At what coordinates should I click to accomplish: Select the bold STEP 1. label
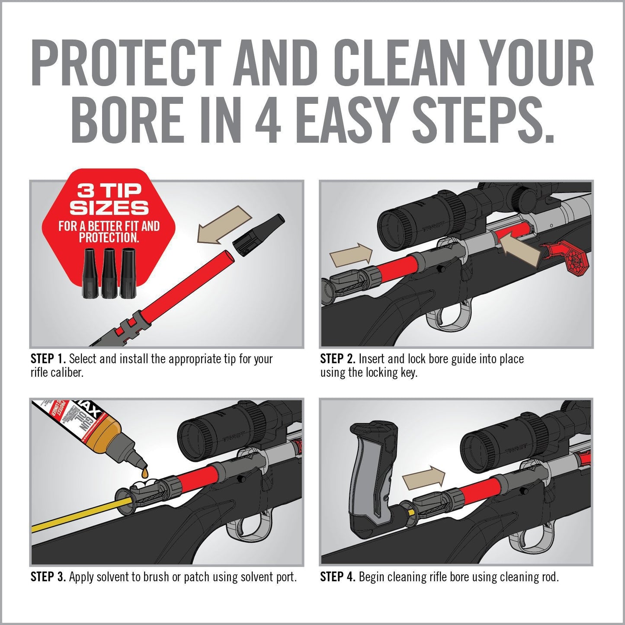click(x=48, y=359)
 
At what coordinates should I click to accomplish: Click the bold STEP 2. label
click(x=337, y=359)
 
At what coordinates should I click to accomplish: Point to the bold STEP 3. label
click(x=48, y=577)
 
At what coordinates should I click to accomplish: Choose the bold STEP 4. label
click(x=337, y=577)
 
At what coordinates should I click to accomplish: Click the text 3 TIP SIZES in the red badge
click(x=109, y=199)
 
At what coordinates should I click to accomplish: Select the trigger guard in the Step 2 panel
click(x=448, y=318)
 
